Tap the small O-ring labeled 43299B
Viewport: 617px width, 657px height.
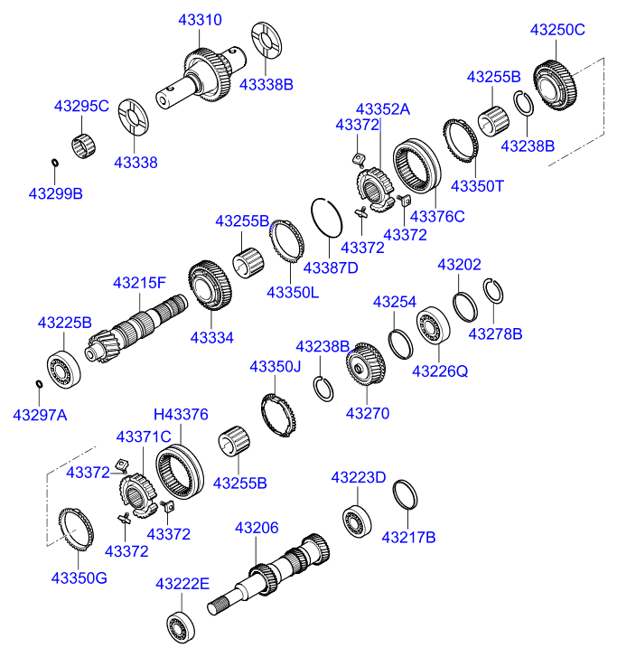click(55, 163)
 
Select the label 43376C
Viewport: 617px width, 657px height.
click(437, 217)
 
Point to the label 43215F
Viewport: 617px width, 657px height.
click(139, 283)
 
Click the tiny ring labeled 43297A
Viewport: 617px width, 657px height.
click(39, 384)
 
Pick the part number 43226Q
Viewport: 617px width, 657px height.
click(440, 371)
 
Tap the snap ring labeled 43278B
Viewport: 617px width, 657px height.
click(492, 293)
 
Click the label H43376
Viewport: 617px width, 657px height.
click(181, 414)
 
